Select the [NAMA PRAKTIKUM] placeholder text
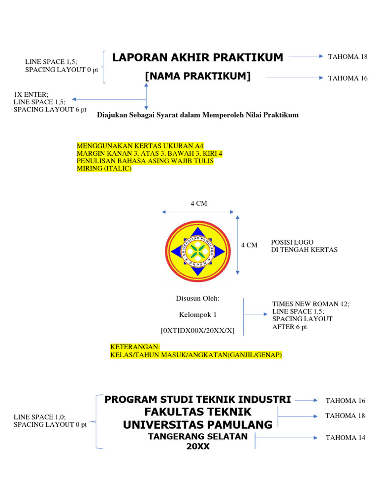pyautogui.click(x=198, y=76)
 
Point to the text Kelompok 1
pyautogui.click(x=197, y=314)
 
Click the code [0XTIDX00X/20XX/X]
pyautogui.click(x=198, y=331)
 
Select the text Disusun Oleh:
pyautogui.click(x=198, y=298)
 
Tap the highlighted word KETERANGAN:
pyautogui.click(x=135, y=347)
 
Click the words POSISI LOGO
pyautogui.click(x=292, y=242)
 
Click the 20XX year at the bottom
pyautogui.click(x=198, y=447)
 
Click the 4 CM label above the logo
pyautogui.click(x=199, y=203)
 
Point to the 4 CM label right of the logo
pyautogui.click(x=249, y=245)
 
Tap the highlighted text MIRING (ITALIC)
pyautogui.click(x=104, y=168)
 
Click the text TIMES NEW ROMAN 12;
pyautogui.click(x=311, y=304)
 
